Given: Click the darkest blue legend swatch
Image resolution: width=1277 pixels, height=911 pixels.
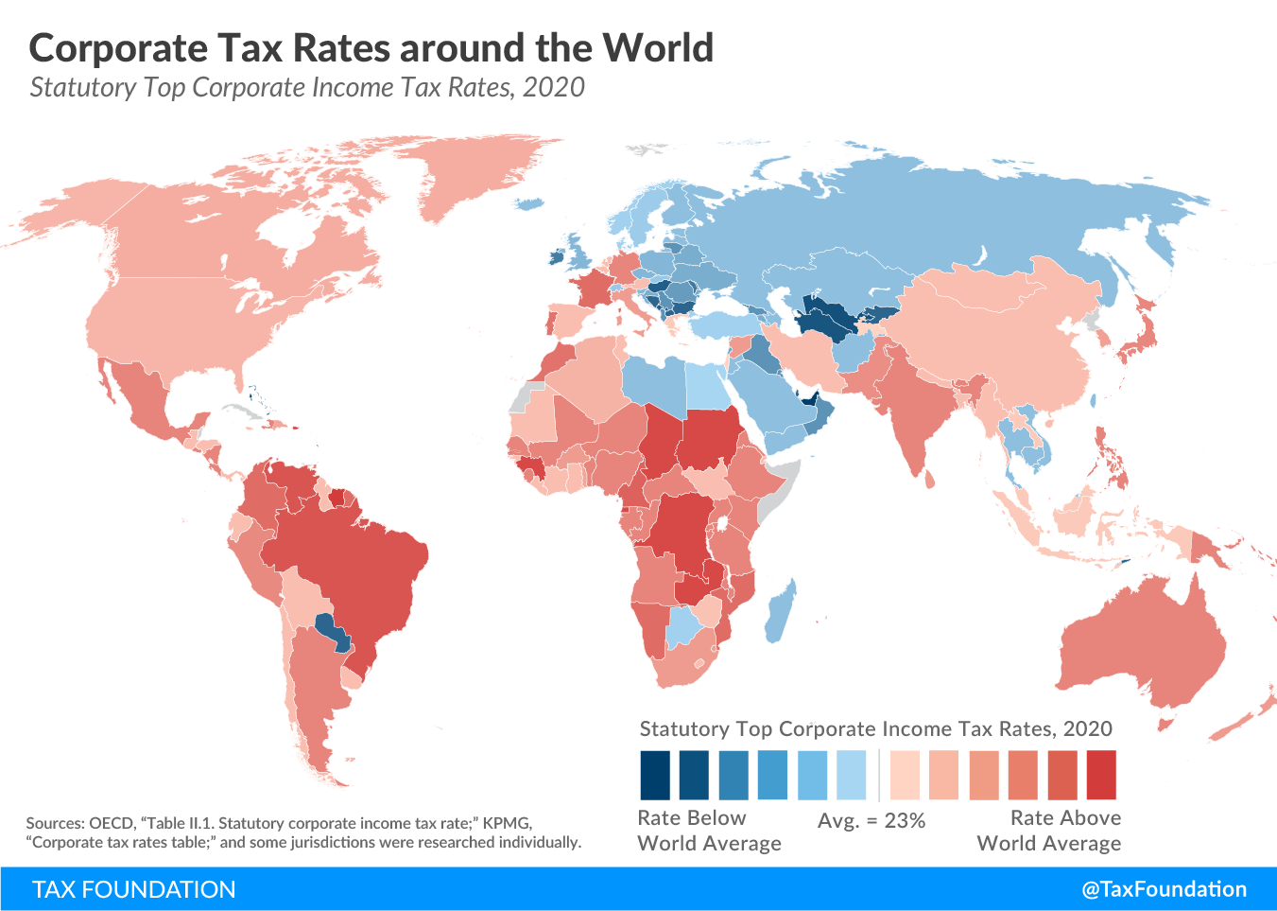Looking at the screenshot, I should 654,776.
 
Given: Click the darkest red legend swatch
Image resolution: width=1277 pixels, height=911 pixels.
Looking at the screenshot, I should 1101,776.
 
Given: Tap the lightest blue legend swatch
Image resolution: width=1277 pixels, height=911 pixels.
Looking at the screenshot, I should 852,776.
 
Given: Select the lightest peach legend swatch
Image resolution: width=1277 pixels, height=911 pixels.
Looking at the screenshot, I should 905,776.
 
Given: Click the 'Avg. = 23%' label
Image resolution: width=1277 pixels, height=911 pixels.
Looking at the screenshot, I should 871,821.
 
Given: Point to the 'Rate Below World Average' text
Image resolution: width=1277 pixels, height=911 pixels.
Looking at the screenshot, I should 709,831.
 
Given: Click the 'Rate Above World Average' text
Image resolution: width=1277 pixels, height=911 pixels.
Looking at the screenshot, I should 1049,831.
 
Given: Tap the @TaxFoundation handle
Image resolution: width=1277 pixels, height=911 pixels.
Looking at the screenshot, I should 1164,889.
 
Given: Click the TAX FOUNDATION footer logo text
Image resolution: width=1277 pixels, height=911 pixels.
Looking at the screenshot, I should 133,889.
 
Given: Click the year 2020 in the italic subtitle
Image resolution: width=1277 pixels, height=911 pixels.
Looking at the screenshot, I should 553,88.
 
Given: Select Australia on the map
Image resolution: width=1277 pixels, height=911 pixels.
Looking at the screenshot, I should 1144,643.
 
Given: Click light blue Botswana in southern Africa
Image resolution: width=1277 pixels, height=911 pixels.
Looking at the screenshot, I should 682,625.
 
